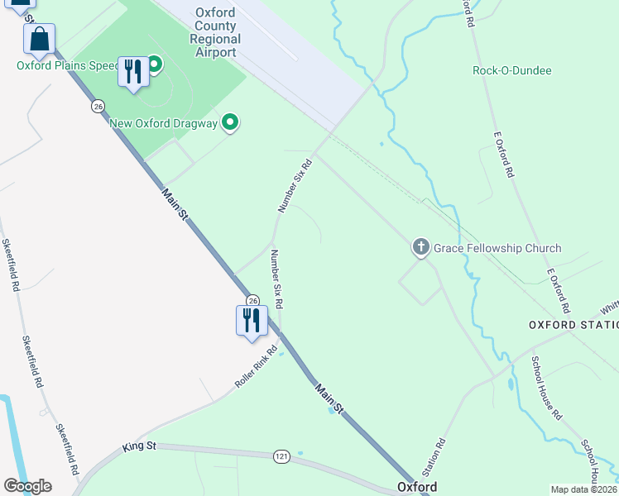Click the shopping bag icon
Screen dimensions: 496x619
[x=39, y=39]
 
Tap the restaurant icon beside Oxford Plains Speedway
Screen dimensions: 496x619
[x=132, y=71]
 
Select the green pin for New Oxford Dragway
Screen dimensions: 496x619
[x=230, y=123]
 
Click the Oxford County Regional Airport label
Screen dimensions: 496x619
[x=214, y=33]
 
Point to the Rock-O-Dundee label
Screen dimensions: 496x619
[x=511, y=71]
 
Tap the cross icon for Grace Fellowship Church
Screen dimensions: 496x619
[x=420, y=246]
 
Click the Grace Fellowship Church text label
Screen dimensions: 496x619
[x=497, y=248]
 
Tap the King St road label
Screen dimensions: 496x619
[x=139, y=446]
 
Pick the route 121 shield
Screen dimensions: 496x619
[x=281, y=456]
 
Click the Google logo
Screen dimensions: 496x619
[x=27, y=486]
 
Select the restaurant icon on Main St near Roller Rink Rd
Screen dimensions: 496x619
[x=252, y=321]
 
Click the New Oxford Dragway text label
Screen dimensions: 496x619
[x=164, y=124]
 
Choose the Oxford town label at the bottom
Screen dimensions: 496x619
[x=417, y=487]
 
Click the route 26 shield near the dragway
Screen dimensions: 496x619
[x=98, y=107]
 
